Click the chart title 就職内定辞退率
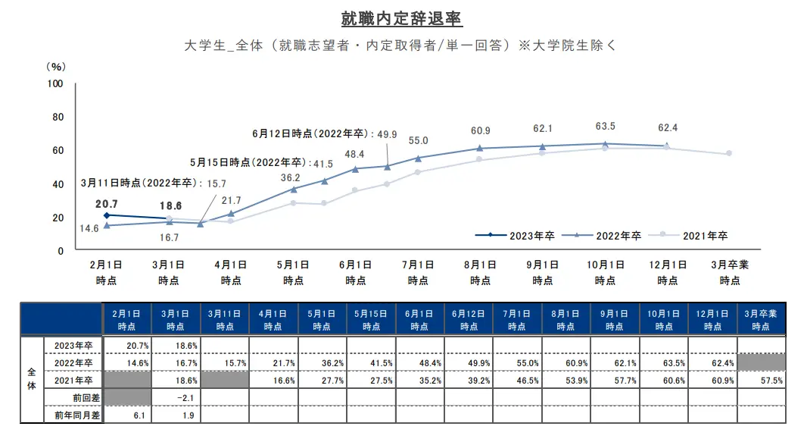403,17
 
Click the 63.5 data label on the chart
605,126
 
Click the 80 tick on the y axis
57,118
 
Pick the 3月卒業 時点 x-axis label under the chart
730,273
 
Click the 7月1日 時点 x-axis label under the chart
418,273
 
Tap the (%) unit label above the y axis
56,66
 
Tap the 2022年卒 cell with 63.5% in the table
664,362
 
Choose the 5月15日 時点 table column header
371,320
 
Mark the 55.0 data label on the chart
419,141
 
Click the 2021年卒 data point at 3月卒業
729,153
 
